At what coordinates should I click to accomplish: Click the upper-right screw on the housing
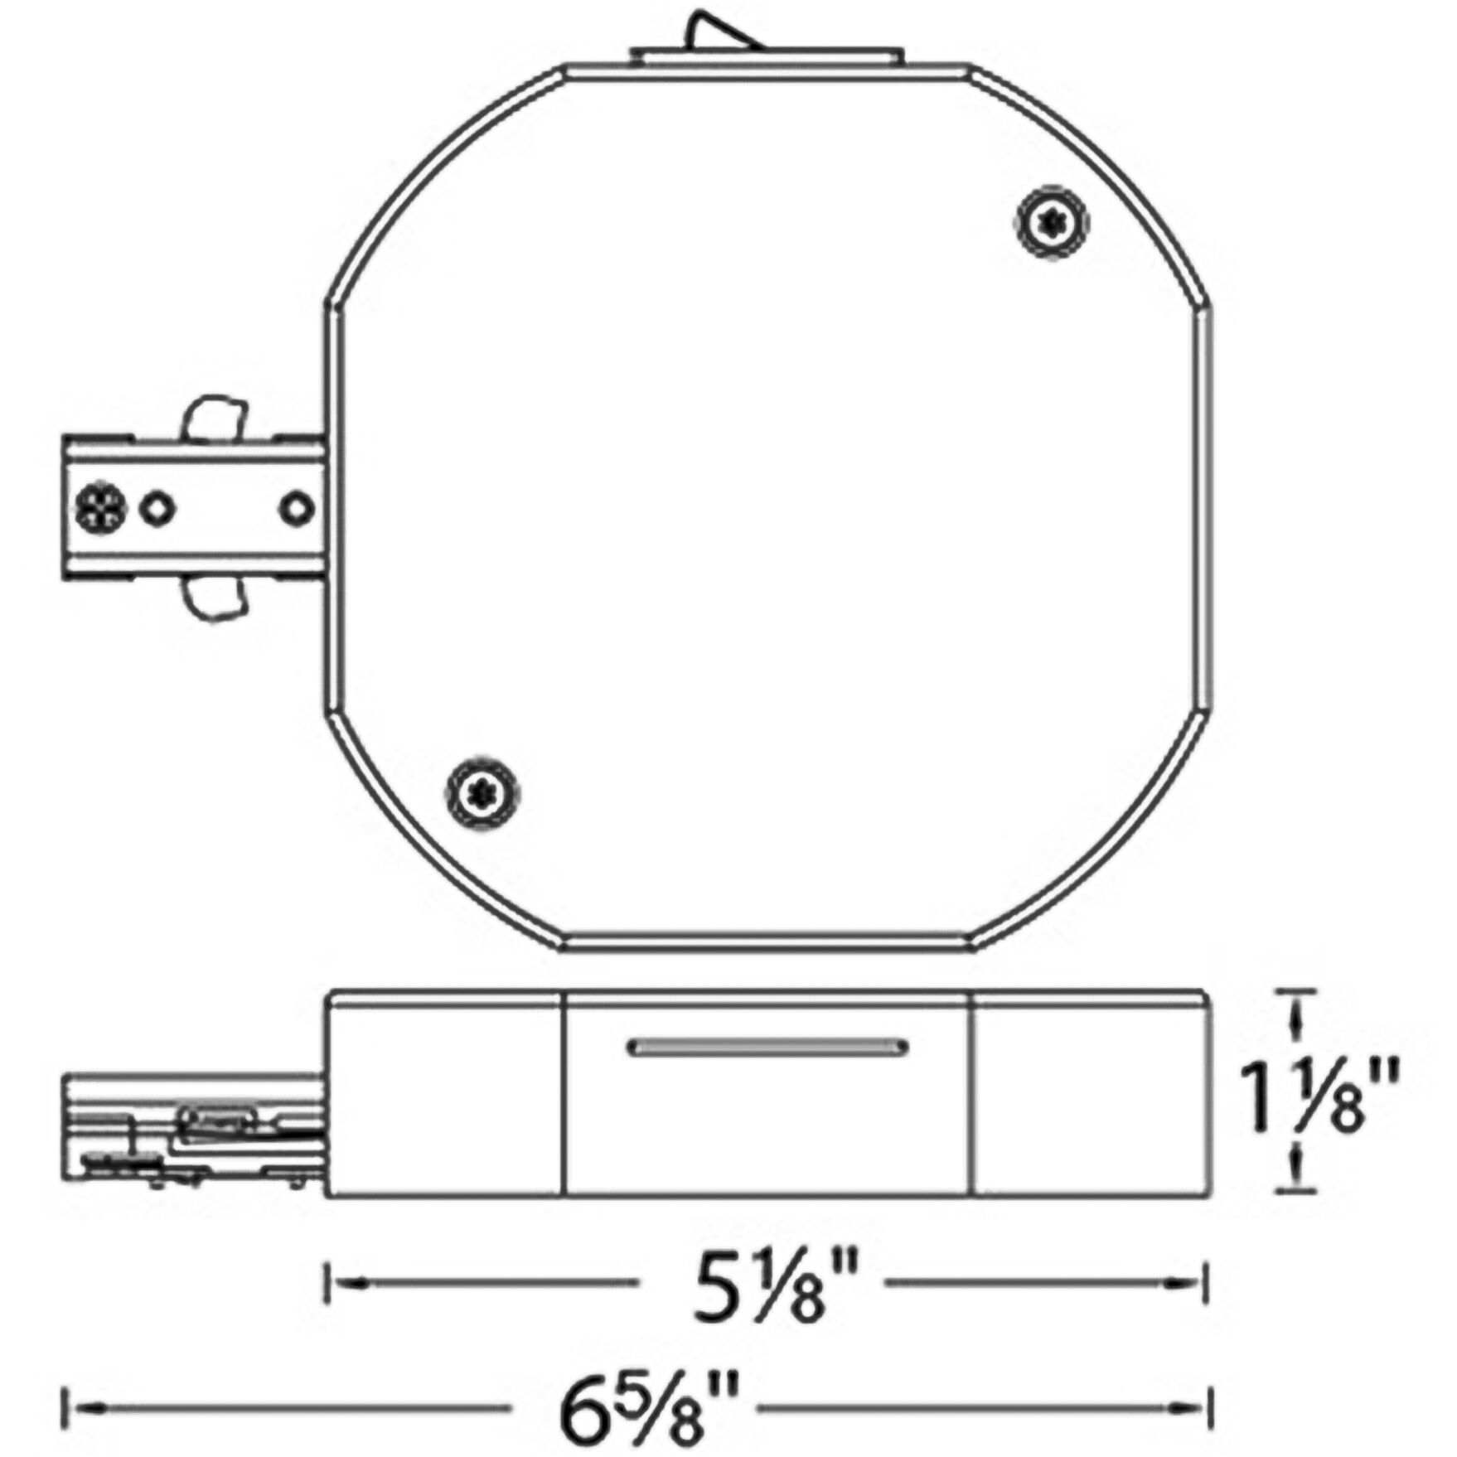pyautogui.click(x=1053, y=222)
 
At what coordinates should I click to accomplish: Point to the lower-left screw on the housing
pyautogui.click(x=482, y=793)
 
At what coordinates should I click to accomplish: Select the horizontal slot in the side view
pyautogui.click(x=767, y=1048)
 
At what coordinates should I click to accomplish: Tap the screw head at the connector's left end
pyautogui.click(x=100, y=508)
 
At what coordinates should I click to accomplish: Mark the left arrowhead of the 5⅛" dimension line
pyautogui.click(x=346, y=1282)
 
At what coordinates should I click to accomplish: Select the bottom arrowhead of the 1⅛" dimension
pyautogui.click(x=1295, y=1177)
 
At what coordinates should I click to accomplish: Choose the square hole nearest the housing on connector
pyautogui.click(x=295, y=508)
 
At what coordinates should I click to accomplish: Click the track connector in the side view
pyautogui.click(x=195, y=1131)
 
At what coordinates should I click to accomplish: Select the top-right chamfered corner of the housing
pyautogui.click(x=1086, y=178)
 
